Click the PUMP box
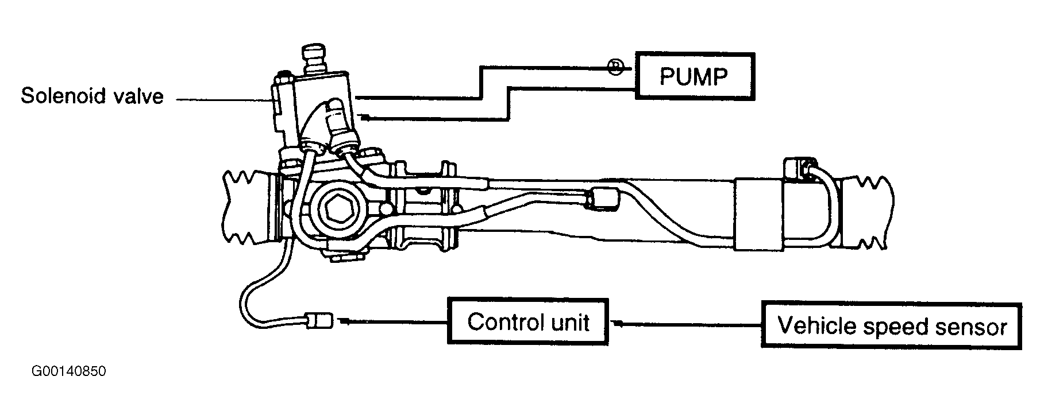[x=695, y=76]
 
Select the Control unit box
[x=527, y=321]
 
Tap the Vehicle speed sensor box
[x=892, y=325]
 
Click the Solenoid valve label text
[x=92, y=96]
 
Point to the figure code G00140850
[x=69, y=371]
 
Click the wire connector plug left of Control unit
[x=319, y=320]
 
